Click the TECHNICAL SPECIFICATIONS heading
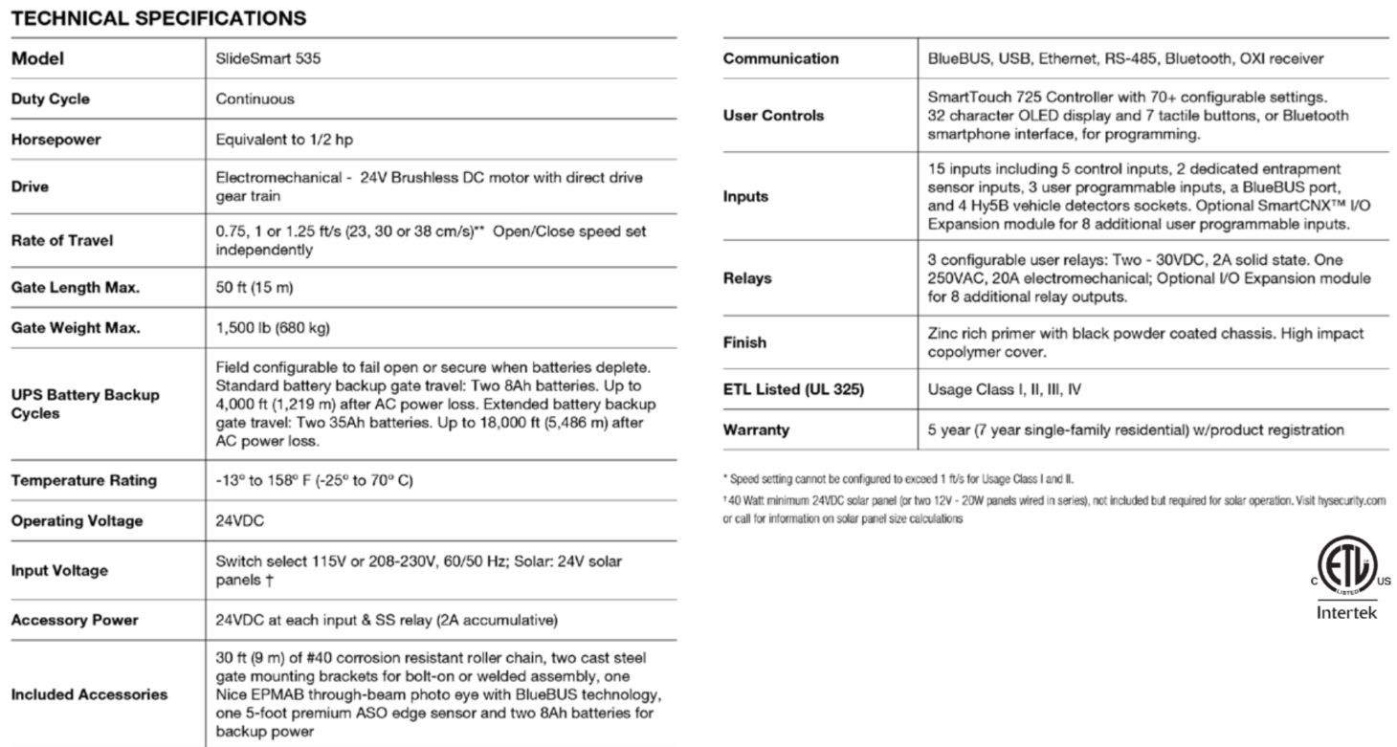159,17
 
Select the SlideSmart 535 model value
261,58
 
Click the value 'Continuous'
255,99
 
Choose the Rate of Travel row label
61,240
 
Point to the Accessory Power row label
75,621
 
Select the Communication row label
781,58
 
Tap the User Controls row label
770,116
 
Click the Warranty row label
756,430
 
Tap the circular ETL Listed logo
1345,570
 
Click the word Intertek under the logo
1346,612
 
